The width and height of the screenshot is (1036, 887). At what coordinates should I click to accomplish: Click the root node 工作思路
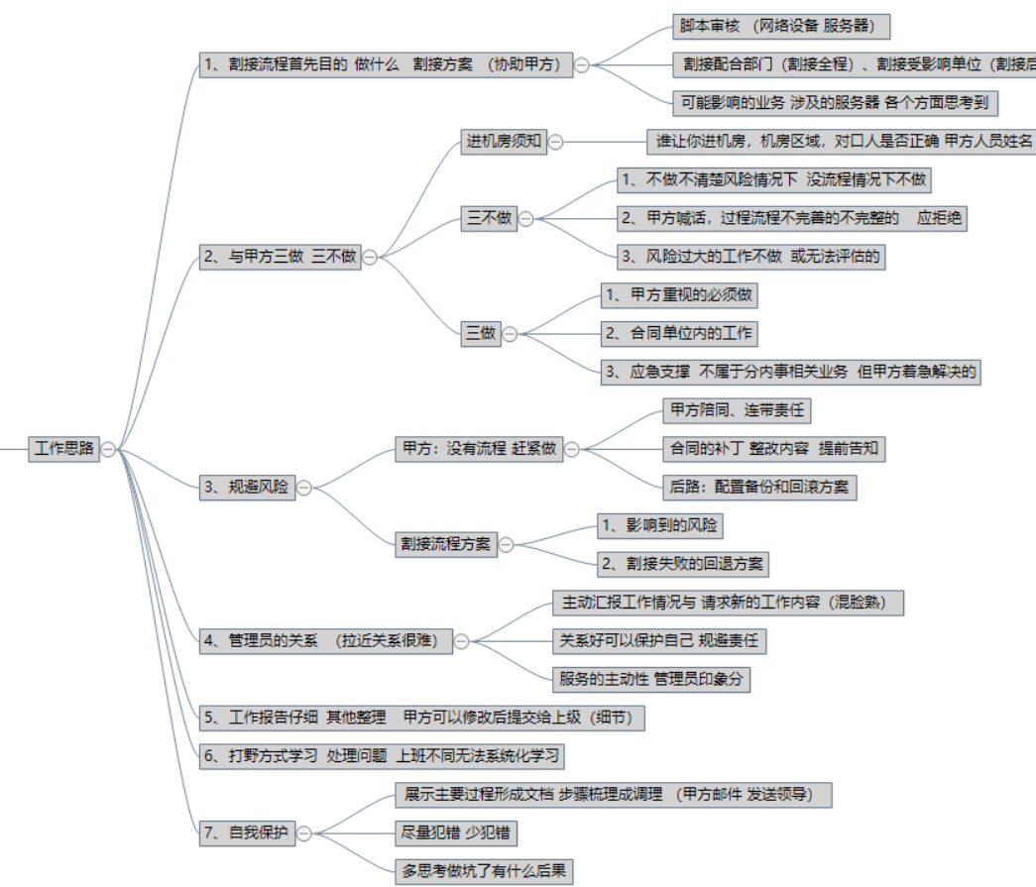pos(64,448)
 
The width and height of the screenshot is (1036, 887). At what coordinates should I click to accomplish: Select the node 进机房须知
pos(505,141)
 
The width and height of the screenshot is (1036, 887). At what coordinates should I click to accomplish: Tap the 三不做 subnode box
pos(490,218)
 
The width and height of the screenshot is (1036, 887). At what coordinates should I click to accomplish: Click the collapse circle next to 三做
pos(510,334)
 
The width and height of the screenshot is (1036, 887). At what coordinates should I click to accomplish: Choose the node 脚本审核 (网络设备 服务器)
pos(774,26)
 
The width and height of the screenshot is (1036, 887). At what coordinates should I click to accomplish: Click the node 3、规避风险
pos(247,487)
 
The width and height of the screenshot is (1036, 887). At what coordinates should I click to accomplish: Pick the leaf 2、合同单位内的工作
pos(680,333)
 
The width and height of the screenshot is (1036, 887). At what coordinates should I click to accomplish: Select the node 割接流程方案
pos(445,543)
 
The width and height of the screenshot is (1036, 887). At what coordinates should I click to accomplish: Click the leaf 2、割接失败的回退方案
pos(683,564)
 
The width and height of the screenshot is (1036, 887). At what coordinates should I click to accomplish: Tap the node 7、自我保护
pos(247,833)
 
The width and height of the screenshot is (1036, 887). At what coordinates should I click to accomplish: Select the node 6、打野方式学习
pos(382,756)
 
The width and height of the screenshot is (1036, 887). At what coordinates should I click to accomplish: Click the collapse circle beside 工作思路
pos(108,449)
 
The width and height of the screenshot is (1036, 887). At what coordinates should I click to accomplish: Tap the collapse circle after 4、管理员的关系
pos(461,641)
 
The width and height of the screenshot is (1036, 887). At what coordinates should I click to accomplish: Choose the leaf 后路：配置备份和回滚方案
pos(759,487)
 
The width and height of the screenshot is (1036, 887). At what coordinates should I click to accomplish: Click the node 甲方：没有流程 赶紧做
pos(477,448)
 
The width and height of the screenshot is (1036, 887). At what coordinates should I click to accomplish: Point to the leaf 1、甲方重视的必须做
pos(681,295)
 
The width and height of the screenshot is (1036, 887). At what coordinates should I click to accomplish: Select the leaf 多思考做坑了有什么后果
pos(484,871)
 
